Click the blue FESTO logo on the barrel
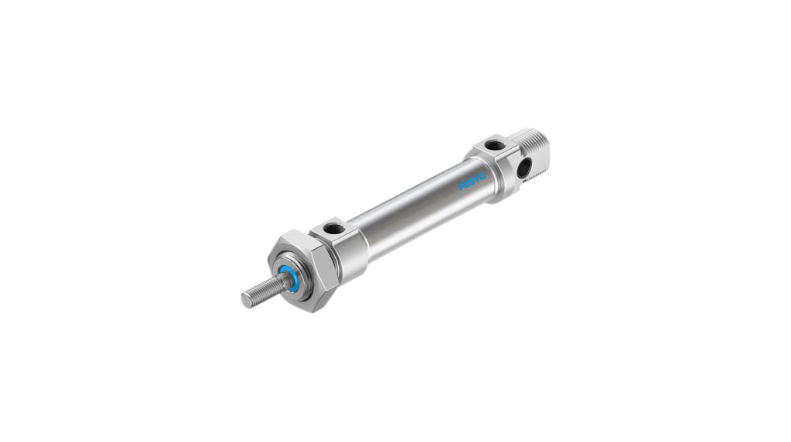point(472,181)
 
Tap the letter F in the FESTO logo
point(461,187)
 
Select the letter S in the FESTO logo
point(472,181)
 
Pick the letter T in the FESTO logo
point(477,179)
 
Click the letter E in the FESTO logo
point(467,185)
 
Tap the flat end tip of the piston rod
point(246,300)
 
